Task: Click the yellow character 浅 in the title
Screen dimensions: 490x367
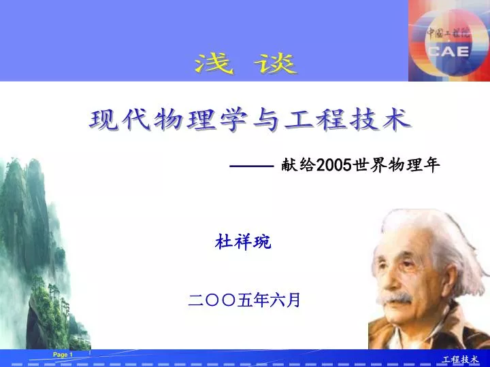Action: coord(214,64)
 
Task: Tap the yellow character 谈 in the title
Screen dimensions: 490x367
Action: coord(276,64)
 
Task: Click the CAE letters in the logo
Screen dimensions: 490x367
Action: coord(448,52)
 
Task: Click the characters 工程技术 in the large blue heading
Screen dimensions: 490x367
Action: coord(348,120)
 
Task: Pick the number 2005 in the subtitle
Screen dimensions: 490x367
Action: coord(334,164)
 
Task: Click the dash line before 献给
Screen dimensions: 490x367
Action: coord(252,166)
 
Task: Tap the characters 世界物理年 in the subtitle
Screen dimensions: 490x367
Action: coord(397,164)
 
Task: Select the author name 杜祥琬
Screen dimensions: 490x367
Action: coord(243,242)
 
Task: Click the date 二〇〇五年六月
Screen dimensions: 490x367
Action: coord(244,300)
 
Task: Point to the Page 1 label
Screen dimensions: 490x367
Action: coord(63,355)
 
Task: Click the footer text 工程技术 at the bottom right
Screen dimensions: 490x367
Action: coord(460,360)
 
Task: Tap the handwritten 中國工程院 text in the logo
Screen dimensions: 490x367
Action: coord(448,33)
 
